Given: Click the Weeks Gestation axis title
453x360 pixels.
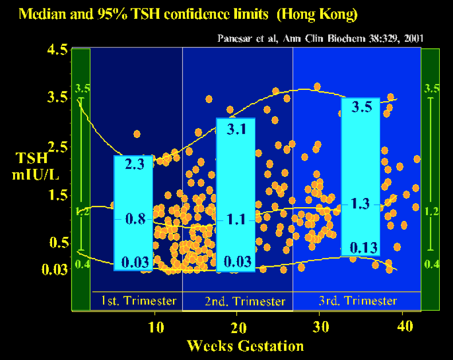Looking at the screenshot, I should pyautogui.click(x=245, y=346).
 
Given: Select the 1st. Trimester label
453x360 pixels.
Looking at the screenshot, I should pyautogui.click(x=136, y=300).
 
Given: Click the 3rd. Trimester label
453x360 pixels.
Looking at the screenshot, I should pyautogui.click(x=357, y=300).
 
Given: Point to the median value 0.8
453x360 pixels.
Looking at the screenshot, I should pyautogui.click(x=133, y=219).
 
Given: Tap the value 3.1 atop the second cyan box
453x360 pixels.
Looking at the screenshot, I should pyautogui.click(x=236, y=129).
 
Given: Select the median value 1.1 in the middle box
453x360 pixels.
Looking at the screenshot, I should pyautogui.click(x=236, y=219).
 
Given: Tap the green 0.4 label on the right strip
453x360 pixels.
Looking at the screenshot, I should pyautogui.click(x=430, y=264).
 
